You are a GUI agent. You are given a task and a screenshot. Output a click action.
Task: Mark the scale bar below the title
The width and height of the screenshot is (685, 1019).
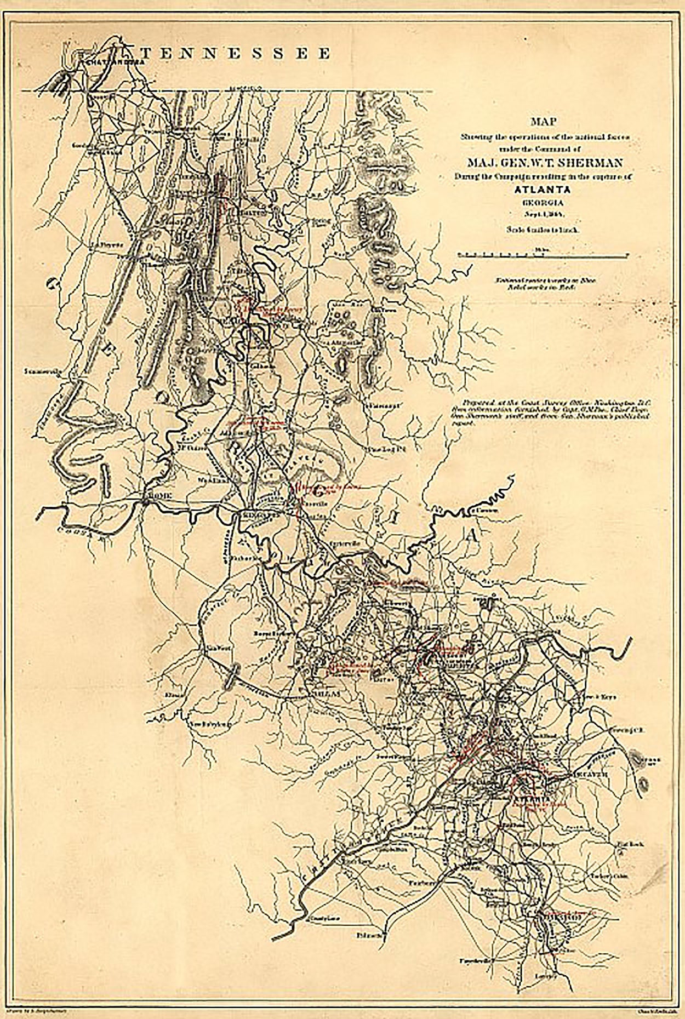pos(543,255)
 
